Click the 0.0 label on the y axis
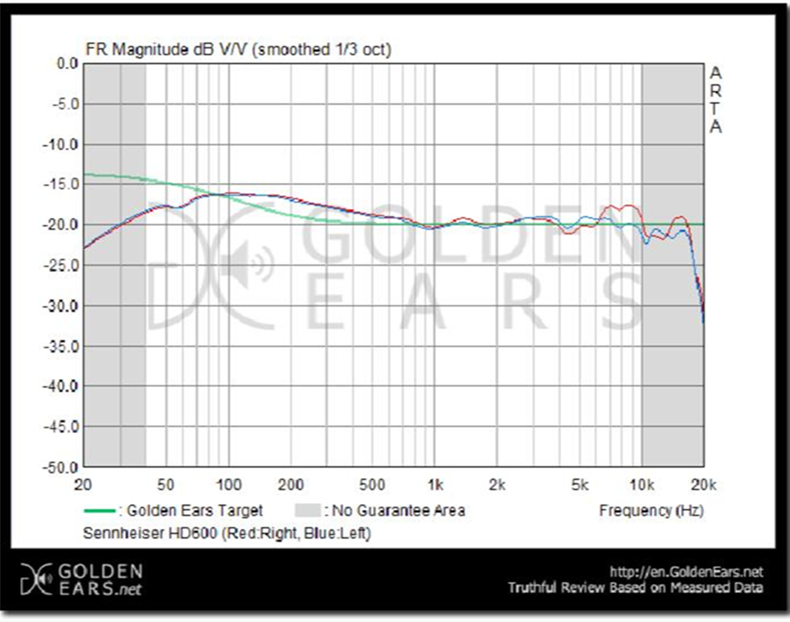pos(65,64)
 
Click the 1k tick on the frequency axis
pos(435,485)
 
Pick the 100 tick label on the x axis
pos(228,485)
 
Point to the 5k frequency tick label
pos(579,485)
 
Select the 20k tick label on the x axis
pos(704,485)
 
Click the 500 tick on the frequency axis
pos(372,485)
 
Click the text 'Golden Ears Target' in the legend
pos(195,511)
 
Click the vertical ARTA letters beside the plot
pos(715,100)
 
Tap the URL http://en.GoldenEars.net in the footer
pos(687,572)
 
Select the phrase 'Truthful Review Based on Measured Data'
pos(635,588)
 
